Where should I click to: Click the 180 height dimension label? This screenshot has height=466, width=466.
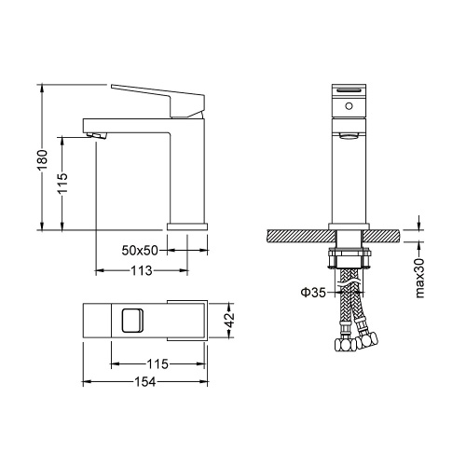42,159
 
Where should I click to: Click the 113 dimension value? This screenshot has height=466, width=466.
142,270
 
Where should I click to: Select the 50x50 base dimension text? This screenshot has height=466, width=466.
140,251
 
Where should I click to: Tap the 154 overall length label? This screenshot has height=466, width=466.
144,382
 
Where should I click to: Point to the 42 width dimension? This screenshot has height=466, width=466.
230,320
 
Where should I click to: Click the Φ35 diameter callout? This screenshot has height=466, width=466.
313,293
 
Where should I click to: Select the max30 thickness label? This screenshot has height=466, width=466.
419,278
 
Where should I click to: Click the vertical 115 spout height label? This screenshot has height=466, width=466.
62,183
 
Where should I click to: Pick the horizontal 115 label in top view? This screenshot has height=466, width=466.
158,363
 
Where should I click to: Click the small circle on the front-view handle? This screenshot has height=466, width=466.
349,106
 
